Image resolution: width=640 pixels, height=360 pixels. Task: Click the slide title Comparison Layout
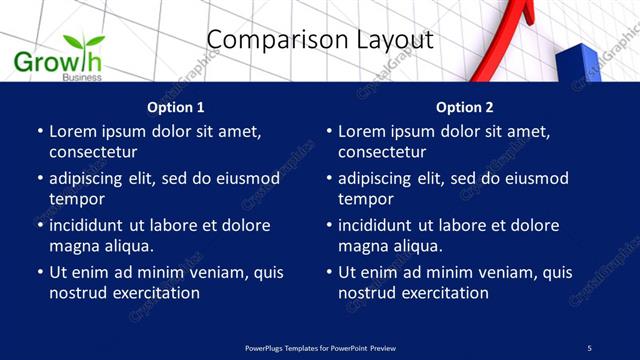pyautogui.click(x=320, y=40)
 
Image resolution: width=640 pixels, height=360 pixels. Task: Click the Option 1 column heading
pyautogui.click(x=176, y=107)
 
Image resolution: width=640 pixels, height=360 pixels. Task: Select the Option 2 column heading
pyautogui.click(x=465, y=107)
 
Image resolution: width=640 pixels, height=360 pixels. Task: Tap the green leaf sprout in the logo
pyautogui.click(x=84, y=43)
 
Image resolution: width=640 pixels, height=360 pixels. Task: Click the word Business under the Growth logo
pyautogui.click(x=81, y=77)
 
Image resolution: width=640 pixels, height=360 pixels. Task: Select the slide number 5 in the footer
pyautogui.click(x=589, y=347)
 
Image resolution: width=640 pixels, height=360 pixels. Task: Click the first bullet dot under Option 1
pyautogui.click(x=39, y=131)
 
